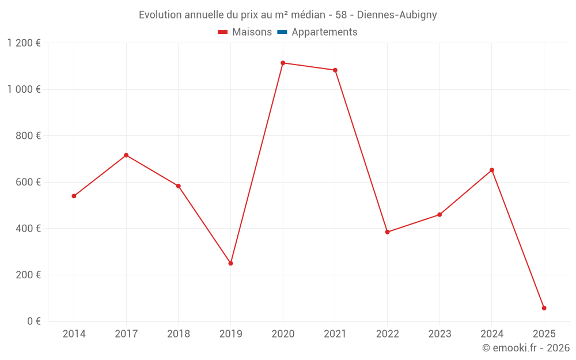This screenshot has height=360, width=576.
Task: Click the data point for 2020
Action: [x=283, y=63]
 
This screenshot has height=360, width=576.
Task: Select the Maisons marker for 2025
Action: [x=544, y=308]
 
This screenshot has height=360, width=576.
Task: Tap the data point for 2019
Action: [x=230, y=263]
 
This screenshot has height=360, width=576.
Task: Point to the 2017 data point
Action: [x=126, y=156]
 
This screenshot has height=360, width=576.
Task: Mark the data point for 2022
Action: [x=387, y=232]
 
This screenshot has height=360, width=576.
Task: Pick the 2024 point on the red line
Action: [x=492, y=170]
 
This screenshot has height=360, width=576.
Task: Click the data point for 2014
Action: [x=74, y=196]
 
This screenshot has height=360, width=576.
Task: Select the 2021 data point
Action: [x=335, y=70]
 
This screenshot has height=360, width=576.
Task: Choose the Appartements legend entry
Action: [x=324, y=32]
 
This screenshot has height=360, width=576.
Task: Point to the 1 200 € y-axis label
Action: [x=24, y=43]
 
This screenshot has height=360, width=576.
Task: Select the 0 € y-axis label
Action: [x=32, y=321]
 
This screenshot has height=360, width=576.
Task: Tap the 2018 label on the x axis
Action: [x=179, y=334]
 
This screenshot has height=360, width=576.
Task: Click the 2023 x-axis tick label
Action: [x=439, y=334]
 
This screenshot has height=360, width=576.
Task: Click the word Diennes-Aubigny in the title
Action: [x=397, y=15]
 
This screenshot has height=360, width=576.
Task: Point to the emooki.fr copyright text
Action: [x=526, y=348]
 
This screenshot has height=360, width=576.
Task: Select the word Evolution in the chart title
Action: [x=161, y=15]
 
